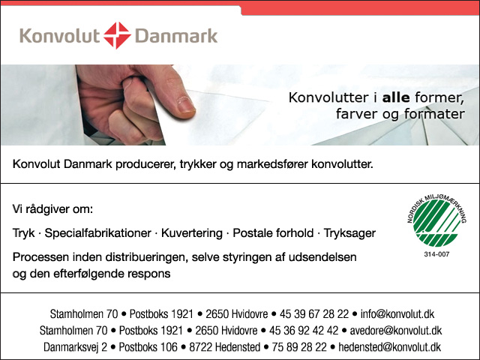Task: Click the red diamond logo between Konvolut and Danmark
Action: pyautogui.click(x=117, y=35)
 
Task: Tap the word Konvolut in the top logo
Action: pyautogui.click(x=60, y=35)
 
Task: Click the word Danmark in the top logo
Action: pyautogui.click(x=176, y=35)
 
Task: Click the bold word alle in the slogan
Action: pyautogui.click(x=396, y=97)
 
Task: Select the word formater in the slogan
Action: pyautogui.click(x=434, y=114)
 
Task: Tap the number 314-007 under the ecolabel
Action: pyautogui.click(x=436, y=254)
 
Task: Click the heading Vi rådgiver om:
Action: pyautogui.click(x=52, y=209)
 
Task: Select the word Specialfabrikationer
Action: pyautogui.click(x=98, y=233)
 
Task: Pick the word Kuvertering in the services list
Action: pyautogui.click(x=192, y=233)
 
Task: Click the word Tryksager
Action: pyautogui.click(x=349, y=233)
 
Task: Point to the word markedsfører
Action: pyautogui.click(x=272, y=164)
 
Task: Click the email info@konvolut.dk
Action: pyautogui.click(x=397, y=314)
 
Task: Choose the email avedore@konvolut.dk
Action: pyautogui.click(x=396, y=331)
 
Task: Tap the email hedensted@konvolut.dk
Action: pyautogui.click(x=390, y=347)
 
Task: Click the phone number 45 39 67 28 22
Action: pyautogui.click(x=314, y=314)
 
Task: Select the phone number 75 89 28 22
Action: pyautogui.click(x=299, y=347)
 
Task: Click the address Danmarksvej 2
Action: pyautogui.click(x=75, y=347)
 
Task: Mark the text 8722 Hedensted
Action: pyautogui.click(x=225, y=347)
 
